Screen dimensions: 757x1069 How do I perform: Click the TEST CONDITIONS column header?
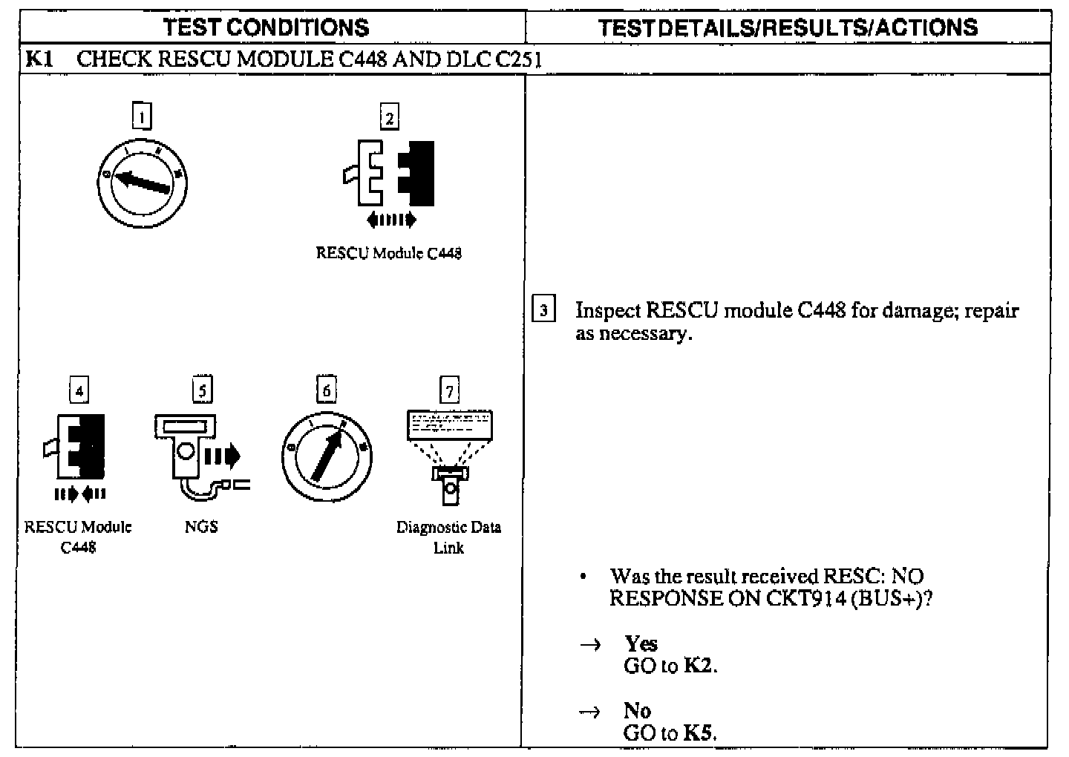pos(266,27)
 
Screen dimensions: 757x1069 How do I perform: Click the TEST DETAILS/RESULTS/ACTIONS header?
pos(788,27)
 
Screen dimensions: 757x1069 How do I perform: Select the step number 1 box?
pos(141,117)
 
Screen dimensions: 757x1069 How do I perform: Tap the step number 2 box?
pos(389,117)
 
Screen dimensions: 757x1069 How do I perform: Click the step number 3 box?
pos(544,310)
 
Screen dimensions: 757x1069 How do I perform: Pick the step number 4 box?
pos(79,390)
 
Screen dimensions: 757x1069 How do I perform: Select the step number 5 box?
pos(202,390)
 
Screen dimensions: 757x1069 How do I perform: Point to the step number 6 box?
pos(326,390)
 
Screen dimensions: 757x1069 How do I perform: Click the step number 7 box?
pos(449,390)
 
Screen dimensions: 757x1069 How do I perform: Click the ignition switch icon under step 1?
pos(141,182)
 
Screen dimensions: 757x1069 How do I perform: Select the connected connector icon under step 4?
pos(77,449)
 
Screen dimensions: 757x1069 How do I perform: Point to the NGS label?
pos(201,527)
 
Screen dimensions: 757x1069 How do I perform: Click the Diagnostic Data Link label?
pos(448,537)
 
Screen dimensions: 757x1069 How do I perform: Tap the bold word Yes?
pos(641,643)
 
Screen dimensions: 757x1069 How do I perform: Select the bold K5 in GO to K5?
pos(698,733)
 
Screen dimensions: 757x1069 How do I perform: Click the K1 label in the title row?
pos(39,59)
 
